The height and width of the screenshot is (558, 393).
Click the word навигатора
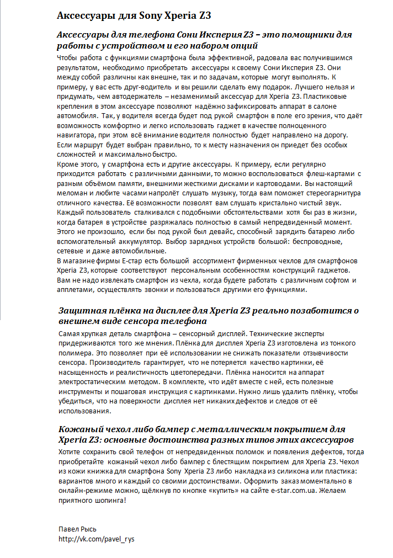77,135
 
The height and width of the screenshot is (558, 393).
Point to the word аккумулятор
132,241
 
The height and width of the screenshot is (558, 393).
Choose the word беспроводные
312,241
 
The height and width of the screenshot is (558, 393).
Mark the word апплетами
76,289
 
